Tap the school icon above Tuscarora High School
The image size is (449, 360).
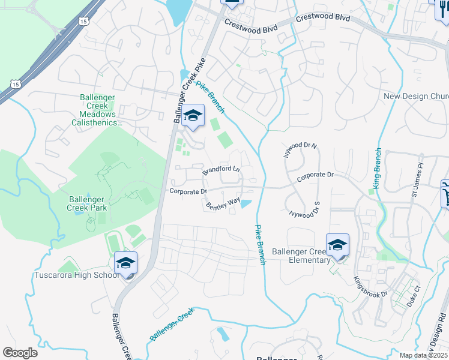point(126,263)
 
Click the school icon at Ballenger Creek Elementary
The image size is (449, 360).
point(338,245)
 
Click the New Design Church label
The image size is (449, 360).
point(416,96)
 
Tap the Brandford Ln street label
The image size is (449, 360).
point(221,170)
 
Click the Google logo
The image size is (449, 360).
point(20,353)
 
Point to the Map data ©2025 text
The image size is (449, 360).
point(423,355)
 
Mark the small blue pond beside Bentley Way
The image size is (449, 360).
point(246,205)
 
